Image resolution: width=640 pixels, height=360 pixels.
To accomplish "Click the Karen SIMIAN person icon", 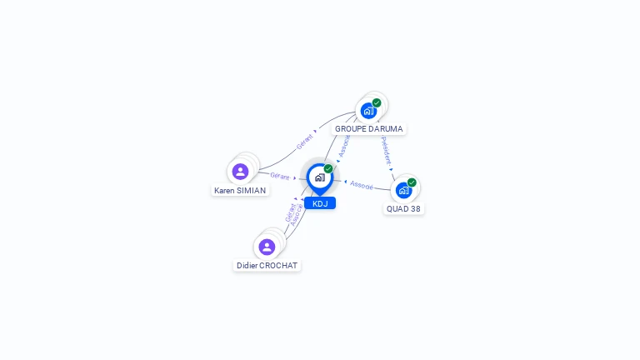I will pos(240,172).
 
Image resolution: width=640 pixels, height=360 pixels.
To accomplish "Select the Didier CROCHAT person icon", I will pos(267,247).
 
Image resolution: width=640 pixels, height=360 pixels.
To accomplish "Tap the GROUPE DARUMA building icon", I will pos(368,111).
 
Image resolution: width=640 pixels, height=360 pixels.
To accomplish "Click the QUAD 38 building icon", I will pos(403,190).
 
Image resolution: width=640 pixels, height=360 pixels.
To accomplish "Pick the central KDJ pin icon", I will pos(319,177).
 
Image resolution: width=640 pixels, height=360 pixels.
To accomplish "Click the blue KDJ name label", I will pos(320,203).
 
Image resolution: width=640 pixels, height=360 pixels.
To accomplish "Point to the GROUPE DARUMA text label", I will pos(368,129).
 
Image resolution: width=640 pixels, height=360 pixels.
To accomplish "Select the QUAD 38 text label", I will pos(403,209).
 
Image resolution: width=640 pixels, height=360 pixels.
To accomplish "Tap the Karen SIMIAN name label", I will pos(240,191).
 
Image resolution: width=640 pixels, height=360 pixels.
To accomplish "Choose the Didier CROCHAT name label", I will pos(267,266).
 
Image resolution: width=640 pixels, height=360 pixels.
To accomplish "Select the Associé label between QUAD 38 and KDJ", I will pos(362,184).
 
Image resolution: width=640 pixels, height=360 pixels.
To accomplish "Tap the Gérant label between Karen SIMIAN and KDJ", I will pos(279,176).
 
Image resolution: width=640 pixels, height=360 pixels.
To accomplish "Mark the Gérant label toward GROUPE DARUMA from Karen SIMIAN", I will pos(305,142).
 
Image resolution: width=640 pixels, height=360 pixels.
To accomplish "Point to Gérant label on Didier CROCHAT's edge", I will pos(289,212).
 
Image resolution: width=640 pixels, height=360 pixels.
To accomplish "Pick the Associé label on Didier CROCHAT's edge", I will pos(296,215).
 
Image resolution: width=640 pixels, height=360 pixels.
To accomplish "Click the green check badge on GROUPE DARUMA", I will pos(377,102).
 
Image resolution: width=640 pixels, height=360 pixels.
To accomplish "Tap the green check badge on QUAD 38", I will pos(412,182).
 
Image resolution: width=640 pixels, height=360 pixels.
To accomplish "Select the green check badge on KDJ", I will pos(328,168).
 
